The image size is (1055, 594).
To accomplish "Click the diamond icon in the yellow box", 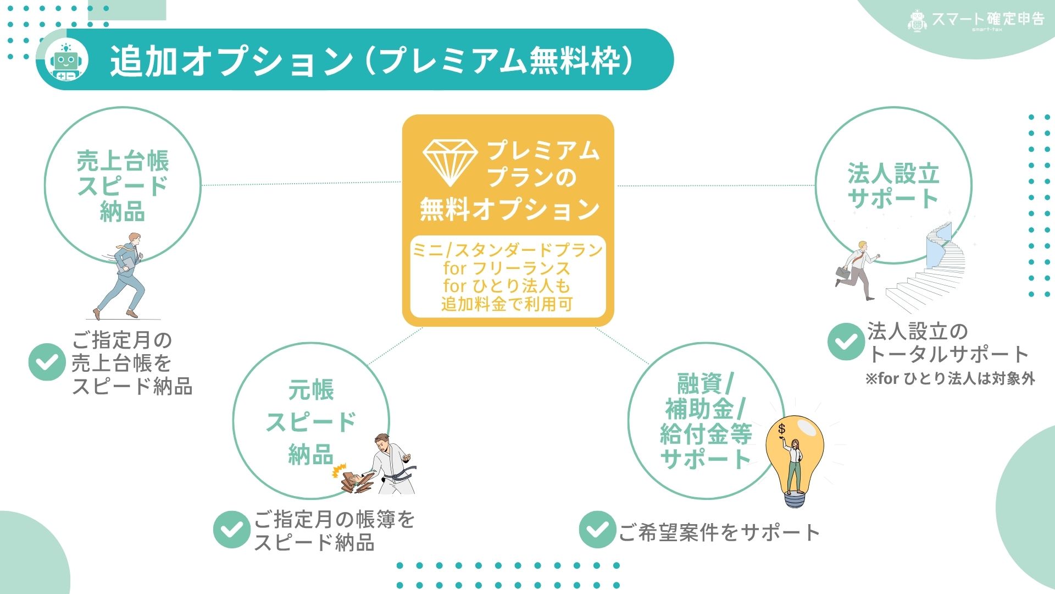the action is [450, 162].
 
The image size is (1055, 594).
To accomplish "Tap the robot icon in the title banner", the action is [65, 61].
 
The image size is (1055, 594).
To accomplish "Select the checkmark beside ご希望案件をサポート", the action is [597, 530].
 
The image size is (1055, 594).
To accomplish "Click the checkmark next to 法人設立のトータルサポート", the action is [846, 342].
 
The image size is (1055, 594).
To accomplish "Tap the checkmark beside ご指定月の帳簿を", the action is [232, 530].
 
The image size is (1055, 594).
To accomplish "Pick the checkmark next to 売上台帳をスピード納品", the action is [47, 362].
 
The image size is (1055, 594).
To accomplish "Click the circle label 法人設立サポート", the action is [893, 185].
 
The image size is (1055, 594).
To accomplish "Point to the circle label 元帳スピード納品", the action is [311, 422].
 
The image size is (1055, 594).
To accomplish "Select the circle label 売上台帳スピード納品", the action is [123, 185].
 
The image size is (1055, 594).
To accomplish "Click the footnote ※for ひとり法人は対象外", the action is [950, 378].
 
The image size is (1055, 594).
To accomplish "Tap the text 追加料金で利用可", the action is [507, 304].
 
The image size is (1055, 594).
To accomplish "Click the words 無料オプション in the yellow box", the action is [509, 210].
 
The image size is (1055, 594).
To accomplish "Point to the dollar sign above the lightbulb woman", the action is [782, 428].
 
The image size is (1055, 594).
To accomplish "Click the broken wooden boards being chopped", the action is [352, 477].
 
